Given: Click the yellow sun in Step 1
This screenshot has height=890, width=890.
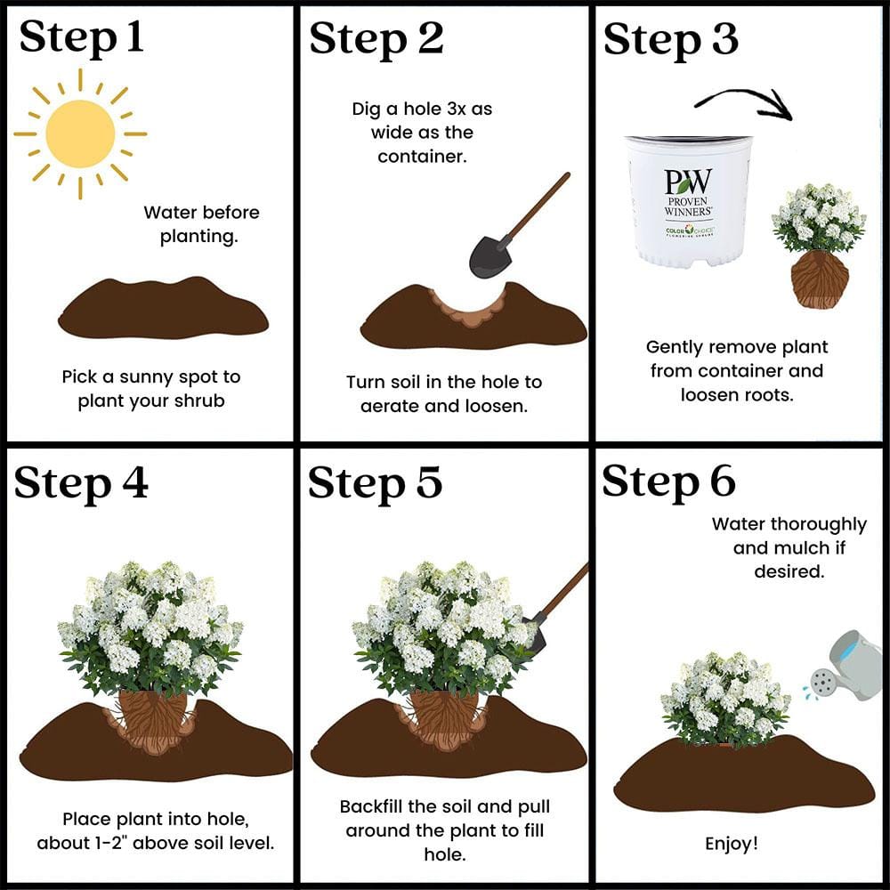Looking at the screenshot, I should (80, 133).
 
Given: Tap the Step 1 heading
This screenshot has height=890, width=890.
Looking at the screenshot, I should (81, 38).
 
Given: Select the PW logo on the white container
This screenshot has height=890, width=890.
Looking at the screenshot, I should (688, 182).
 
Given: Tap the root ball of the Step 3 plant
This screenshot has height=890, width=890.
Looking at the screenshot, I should (819, 279).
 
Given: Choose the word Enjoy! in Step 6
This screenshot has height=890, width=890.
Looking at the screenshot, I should (732, 843).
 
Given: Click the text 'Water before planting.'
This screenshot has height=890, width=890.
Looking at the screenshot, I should (201, 224).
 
